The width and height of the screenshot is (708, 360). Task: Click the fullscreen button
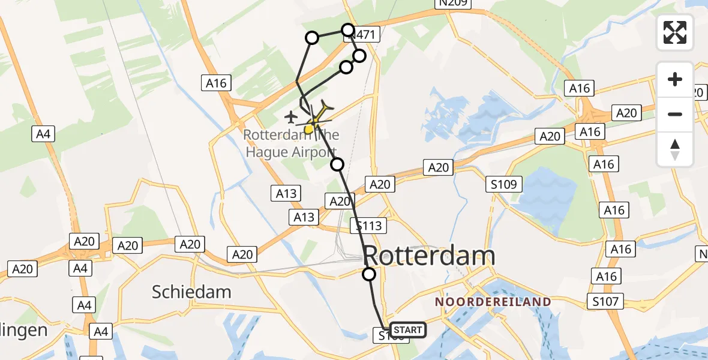click(675, 32)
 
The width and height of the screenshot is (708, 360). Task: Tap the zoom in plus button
click(675, 79)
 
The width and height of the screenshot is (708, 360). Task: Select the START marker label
click(408, 329)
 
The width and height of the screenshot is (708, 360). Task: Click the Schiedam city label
click(191, 292)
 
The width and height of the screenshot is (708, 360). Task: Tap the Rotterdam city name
click(430, 256)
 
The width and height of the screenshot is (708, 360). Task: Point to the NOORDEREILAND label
click(493, 301)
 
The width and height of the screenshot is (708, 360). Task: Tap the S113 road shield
click(368, 226)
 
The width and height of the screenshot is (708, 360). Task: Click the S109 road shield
click(504, 184)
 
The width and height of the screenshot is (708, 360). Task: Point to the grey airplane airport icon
click(292, 116)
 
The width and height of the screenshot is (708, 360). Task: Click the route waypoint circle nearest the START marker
click(369, 274)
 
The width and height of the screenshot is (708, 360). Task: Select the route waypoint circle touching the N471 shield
click(348, 29)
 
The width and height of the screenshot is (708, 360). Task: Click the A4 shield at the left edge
click(43, 134)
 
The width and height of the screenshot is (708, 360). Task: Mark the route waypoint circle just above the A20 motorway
click(338, 164)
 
